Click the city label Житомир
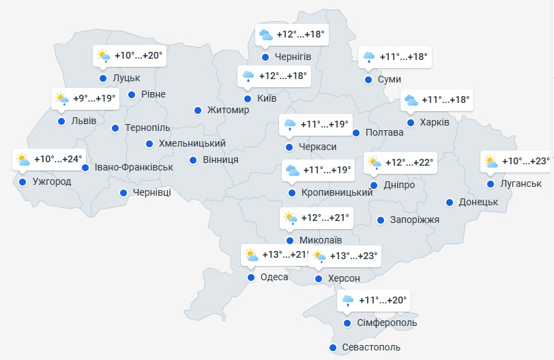click(x=229, y=110)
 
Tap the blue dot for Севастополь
click(x=333, y=348)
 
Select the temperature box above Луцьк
click(x=130, y=56)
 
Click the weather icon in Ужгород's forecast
click(x=23, y=160)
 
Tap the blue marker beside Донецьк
click(x=450, y=202)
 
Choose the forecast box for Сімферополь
click(x=375, y=301)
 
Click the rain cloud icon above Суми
click(x=369, y=57)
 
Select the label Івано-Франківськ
click(x=134, y=167)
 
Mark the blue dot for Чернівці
click(x=123, y=193)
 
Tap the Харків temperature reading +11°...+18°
click(x=446, y=100)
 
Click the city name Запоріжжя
click(x=415, y=220)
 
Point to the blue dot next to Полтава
click(x=356, y=132)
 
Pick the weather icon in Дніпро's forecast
click(x=375, y=163)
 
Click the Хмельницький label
click(x=192, y=143)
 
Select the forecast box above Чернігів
click(x=292, y=35)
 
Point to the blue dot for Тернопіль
click(x=115, y=127)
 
